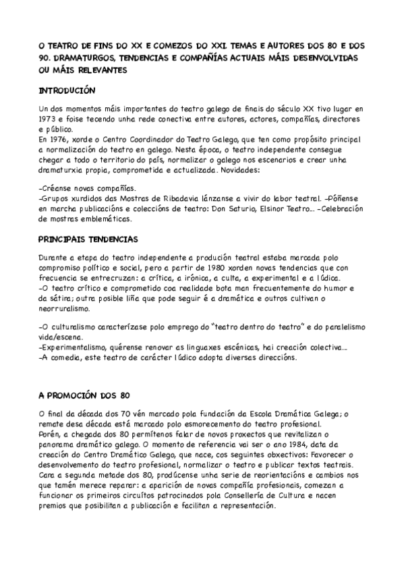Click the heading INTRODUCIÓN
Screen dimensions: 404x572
coord(67,90)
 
